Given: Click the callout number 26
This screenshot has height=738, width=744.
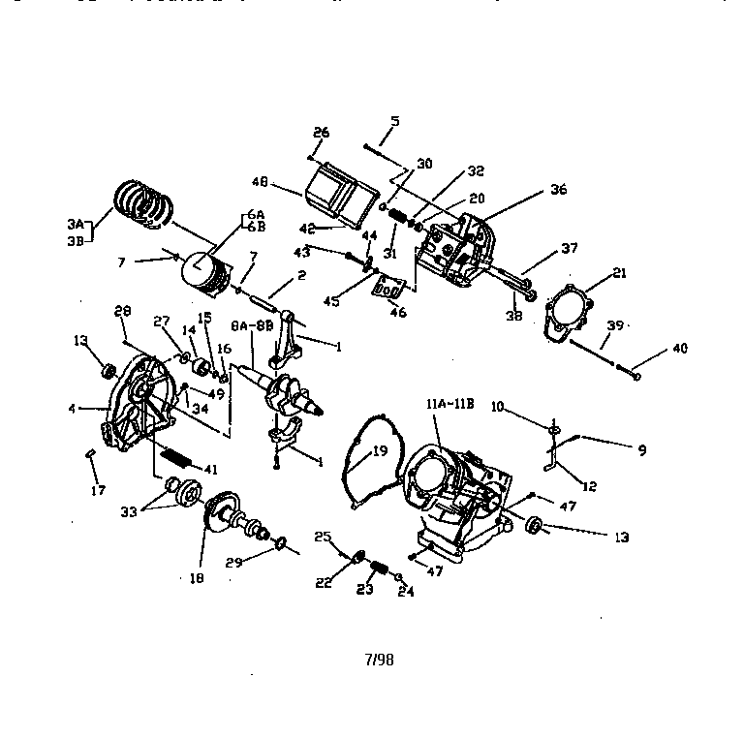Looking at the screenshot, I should [321, 133].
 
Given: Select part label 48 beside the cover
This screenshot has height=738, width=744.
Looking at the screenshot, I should [260, 181].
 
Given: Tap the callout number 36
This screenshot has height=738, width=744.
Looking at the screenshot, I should [558, 190].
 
